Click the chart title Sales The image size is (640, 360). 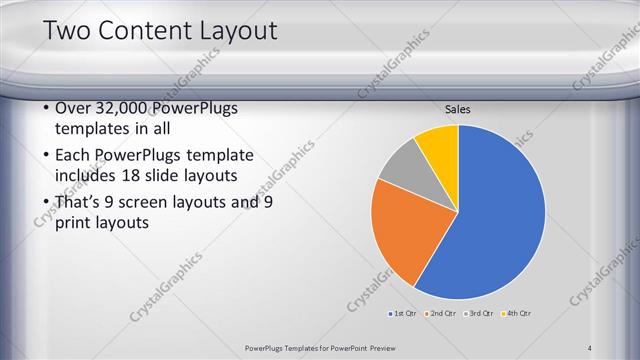pos(458,110)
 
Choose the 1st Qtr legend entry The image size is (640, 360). pos(404,314)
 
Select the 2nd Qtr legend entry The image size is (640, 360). pos(441,314)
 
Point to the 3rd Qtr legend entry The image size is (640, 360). pos(479,314)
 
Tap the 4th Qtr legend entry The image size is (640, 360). pos(517,314)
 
